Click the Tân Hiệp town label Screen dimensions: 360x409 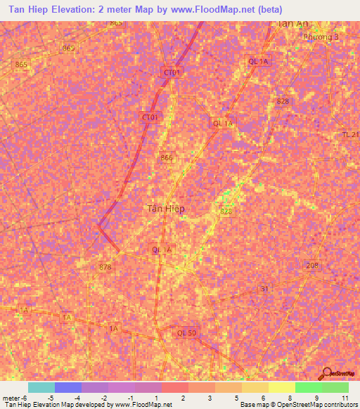click(x=166, y=208)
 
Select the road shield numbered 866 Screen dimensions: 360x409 click(x=167, y=158)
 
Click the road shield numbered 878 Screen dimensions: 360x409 click(x=105, y=267)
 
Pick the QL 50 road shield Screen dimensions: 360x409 click(x=187, y=332)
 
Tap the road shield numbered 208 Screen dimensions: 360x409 click(x=312, y=266)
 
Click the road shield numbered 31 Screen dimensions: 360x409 click(x=264, y=289)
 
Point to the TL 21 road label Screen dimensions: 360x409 click(x=350, y=134)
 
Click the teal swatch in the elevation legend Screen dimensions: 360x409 click(x=41, y=387)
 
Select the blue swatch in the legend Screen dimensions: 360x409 click(x=68, y=387)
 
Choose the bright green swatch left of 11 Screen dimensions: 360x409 click(x=308, y=387)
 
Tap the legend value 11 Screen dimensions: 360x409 click(x=345, y=398)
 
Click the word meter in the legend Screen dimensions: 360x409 click(x=11, y=398)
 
